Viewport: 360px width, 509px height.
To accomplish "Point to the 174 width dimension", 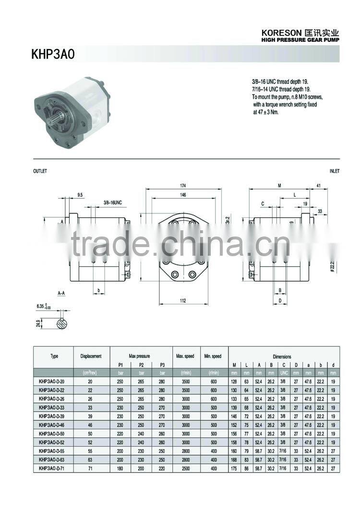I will pos(183,185).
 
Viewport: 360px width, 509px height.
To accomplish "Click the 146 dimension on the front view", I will pos(183,195).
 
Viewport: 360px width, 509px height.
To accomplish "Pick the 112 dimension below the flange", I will pos(183,300).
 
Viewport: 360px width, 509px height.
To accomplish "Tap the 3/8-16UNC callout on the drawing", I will pos(113,203).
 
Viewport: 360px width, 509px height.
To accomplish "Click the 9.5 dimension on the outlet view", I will pos(80,195).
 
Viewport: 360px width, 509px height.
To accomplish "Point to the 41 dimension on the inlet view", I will pos(319,185).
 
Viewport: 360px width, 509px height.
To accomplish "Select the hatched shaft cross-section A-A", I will pos(61,324).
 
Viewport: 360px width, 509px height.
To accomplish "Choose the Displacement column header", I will pos(91,356).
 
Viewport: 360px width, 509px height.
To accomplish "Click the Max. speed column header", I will pos(185,356).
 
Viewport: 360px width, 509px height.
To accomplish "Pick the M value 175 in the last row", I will pos(234,468).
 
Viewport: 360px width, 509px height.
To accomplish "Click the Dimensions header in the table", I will pos(282,356).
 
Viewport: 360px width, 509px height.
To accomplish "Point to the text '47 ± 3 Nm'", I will pos(266,112).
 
